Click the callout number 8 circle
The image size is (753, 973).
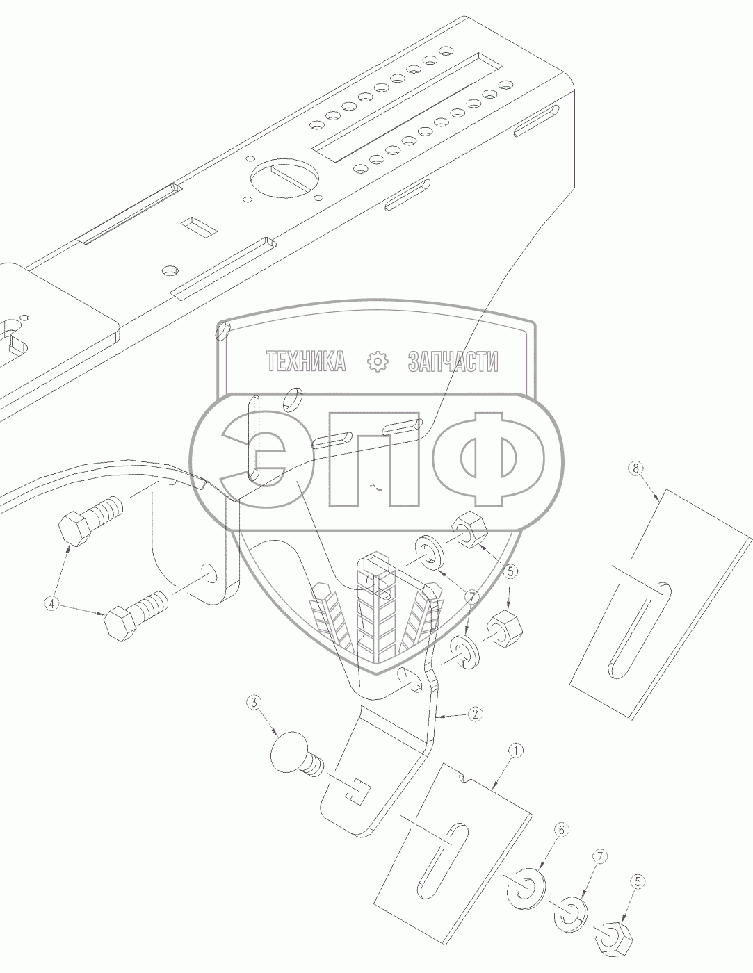[636, 468]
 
